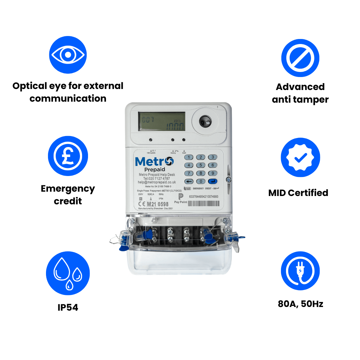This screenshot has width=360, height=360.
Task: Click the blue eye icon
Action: pyautogui.click(x=68, y=55)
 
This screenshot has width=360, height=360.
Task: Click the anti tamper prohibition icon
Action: pyautogui.click(x=300, y=58)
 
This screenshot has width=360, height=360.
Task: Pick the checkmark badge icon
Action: pyautogui.click(x=300, y=157)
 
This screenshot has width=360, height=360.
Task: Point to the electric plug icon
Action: pyautogui.click(x=300, y=271)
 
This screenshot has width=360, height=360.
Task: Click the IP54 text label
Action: pyautogui.click(x=68, y=307)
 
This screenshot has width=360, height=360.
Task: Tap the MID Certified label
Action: pyautogui.click(x=298, y=193)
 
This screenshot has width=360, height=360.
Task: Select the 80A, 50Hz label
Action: pyautogui.click(x=300, y=304)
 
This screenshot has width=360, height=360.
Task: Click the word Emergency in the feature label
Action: pyautogui.click(x=68, y=189)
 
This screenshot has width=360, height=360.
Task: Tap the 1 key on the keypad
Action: pyautogui.click(x=189, y=157)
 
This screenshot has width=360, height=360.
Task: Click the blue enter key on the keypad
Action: pyautogui.click(x=212, y=181)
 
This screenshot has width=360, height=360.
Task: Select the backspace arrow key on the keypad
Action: pyautogui.click(x=189, y=181)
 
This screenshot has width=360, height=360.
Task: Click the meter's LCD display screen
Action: pyautogui.click(x=162, y=121)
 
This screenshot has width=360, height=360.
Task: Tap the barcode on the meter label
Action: pyautogui.click(x=203, y=203)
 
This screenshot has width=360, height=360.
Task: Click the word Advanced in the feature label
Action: pyautogui.click(x=300, y=87)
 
